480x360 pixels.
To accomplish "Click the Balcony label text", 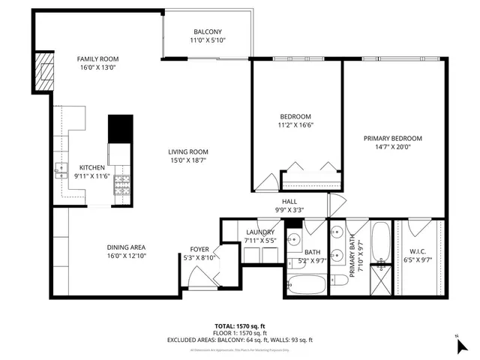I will (206, 31).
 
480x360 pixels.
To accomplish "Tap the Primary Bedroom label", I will (393, 138).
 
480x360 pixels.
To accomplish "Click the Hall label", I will (289, 202).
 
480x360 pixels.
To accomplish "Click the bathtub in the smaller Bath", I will (307, 284).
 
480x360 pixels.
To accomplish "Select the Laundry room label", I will (260, 232).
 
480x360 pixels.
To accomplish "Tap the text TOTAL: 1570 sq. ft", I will (241, 325).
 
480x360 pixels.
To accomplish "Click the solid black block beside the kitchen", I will (120, 128).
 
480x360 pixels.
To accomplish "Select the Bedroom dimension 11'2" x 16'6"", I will (295, 125).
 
